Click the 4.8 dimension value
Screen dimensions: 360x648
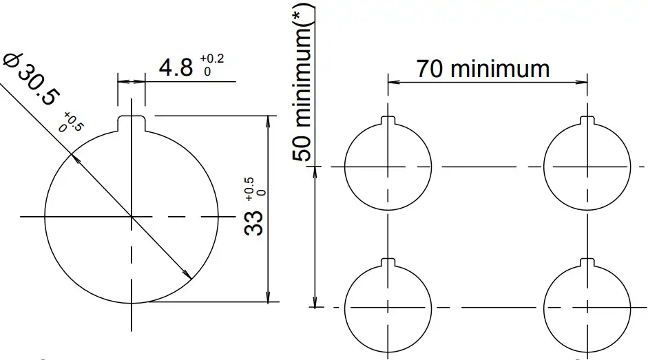[176, 67]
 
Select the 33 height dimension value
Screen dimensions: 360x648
[255, 223]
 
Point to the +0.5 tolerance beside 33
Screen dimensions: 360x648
[253, 187]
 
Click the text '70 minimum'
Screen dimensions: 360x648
[483, 69]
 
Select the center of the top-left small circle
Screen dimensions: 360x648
[388, 167]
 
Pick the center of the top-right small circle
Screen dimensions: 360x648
[587, 167]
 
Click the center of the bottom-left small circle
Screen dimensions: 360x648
[388, 307]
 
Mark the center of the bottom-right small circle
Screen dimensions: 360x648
[587, 307]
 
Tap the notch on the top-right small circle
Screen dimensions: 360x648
[587, 121]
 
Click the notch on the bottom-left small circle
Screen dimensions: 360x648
[388, 262]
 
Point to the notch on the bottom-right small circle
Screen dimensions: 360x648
[587, 262]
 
